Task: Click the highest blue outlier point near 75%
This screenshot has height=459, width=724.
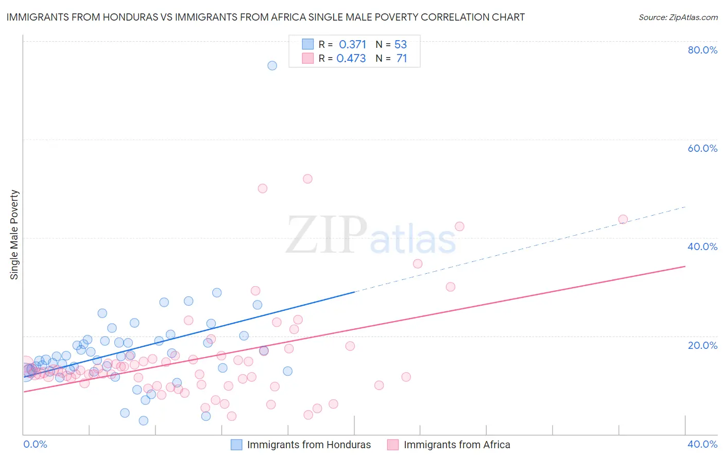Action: tap(272, 65)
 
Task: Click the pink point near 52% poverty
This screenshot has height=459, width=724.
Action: tap(307, 179)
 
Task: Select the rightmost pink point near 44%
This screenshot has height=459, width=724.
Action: tap(623, 219)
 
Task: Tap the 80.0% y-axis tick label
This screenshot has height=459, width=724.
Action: tap(702, 50)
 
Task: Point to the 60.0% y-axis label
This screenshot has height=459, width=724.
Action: tap(702, 148)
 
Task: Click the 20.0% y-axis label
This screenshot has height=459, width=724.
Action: tap(702, 345)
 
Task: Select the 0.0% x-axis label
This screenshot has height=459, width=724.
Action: tap(35, 444)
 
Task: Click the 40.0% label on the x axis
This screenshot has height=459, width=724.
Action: tap(702, 444)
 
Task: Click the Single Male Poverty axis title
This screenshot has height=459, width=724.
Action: tap(14, 235)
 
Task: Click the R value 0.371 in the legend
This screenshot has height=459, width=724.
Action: tap(352, 45)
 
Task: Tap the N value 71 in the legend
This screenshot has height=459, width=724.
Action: tap(402, 59)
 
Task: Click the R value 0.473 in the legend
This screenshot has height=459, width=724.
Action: tap(351, 59)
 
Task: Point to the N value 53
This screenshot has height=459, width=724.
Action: tap(401, 45)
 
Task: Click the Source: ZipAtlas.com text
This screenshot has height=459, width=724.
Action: tap(678, 17)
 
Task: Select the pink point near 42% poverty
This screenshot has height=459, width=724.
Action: tap(459, 226)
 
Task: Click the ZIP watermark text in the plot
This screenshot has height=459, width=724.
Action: tap(326, 235)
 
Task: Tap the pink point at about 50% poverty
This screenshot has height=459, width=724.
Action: tap(262, 188)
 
